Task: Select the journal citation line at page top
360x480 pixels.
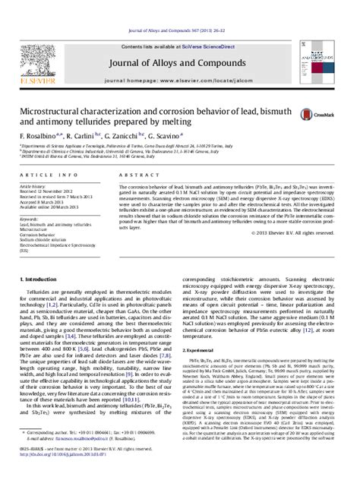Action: (179, 10)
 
